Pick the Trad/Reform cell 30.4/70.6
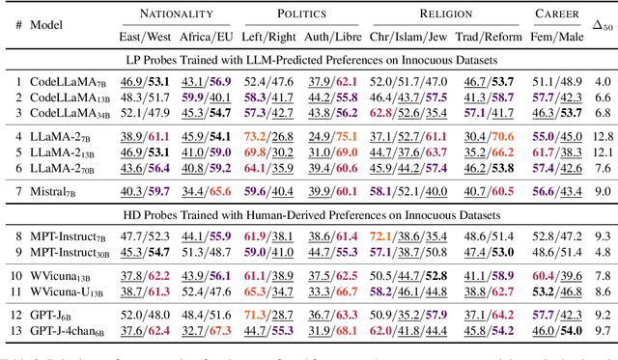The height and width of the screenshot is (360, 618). coord(488,137)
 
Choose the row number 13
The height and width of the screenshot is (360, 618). coord(14,331)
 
